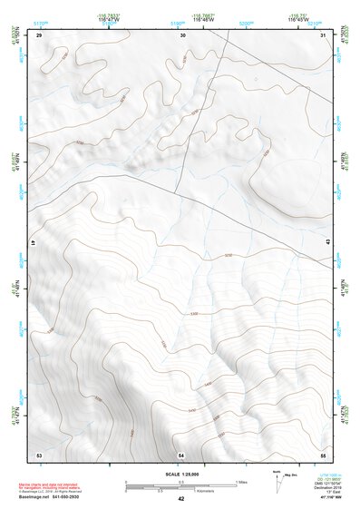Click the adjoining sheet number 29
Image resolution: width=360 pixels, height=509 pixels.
pos(38,34)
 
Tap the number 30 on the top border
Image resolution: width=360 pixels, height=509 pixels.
pos(182,34)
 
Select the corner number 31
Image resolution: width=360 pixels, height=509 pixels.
pos(324,34)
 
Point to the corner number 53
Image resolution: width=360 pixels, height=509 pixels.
pos(38,454)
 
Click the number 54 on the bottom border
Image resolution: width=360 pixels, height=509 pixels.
pos(181,454)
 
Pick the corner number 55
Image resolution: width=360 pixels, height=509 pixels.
pos(323,454)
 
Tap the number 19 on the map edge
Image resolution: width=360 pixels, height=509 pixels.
pos(34,244)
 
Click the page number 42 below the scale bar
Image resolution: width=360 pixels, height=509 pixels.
pos(181,499)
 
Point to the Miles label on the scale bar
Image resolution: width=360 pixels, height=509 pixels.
pos(242,480)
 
